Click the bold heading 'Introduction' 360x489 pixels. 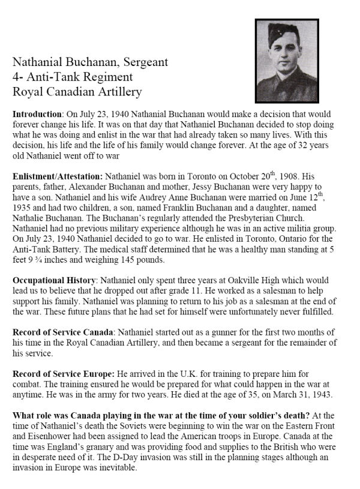(x=37, y=113)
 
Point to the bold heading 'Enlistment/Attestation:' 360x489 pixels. (x=58, y=178)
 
